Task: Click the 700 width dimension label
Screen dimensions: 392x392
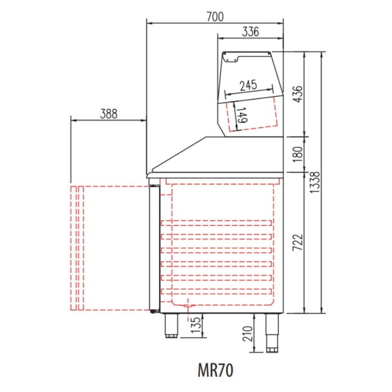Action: pyautogui.click(x=215, y=17)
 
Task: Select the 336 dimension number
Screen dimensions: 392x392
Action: pyautogui.click(x=250, y=32)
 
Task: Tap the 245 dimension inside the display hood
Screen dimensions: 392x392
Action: pyautogui.click(x=248, y=85)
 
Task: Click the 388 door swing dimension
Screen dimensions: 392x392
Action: pyautogui.click(x=109, y=114)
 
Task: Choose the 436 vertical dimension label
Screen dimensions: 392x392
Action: pyautogui.click(x=298, y=94)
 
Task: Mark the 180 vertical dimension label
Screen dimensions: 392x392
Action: pyautogui.click(x=298, y=154)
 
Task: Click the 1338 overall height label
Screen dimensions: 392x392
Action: pyautogui.click(x=315, y=182)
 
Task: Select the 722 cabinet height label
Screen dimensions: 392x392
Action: pyautogui.click(x=298, y=242)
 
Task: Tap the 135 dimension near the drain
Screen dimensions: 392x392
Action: pyautogui.click(x=196, y=325)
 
